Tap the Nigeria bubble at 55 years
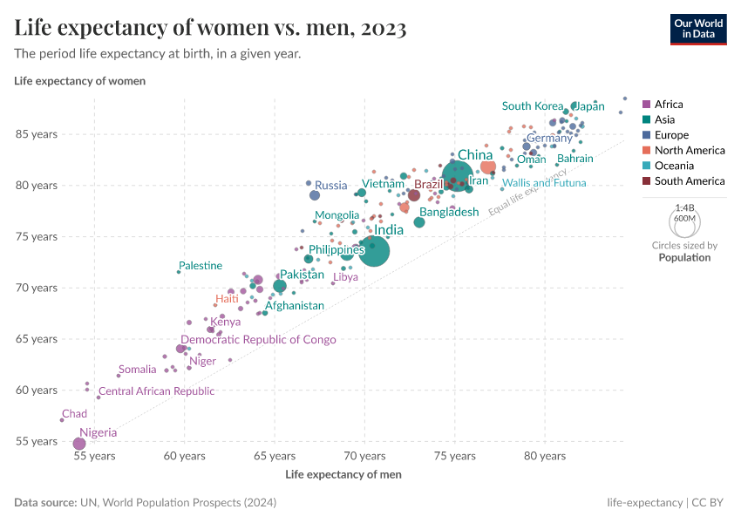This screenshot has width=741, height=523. [79, 444]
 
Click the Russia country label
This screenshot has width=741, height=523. [330, 185]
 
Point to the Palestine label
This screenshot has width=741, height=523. [201, 266]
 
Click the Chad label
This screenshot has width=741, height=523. [74, 414]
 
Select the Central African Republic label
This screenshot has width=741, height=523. [156, 391]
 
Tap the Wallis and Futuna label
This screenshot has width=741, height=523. [544, 183]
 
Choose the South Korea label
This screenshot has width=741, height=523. [533, 106]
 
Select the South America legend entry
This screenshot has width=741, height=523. [689, 181]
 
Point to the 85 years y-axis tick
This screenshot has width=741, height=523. [36, 134]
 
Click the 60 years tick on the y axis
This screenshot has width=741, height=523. [36, 390]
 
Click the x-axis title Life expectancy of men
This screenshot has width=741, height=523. [343, 474]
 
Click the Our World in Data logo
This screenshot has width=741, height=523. [698, 28]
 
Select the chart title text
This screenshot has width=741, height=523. [210, 29]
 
